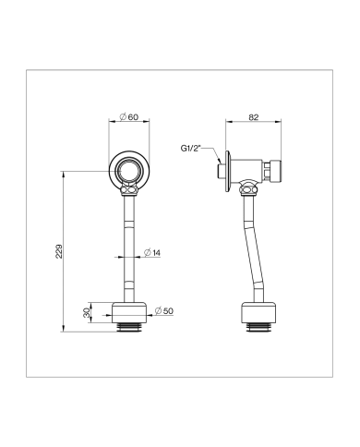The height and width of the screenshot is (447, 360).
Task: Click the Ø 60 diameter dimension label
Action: click(129, 117)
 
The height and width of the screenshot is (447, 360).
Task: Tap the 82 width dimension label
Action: click(254, 117)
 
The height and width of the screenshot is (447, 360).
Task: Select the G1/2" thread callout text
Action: click(190, 149)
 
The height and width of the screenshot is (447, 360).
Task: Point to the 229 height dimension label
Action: click(59, 251)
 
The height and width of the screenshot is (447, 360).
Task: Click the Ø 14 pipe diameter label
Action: click(152, 253)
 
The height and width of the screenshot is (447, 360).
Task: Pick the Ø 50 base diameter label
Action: click(164, 311)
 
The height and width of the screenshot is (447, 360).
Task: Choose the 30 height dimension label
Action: click(87, 313)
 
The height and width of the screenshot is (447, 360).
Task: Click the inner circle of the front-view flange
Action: click(129, 170)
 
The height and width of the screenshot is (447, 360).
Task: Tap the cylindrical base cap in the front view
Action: click(129, 313)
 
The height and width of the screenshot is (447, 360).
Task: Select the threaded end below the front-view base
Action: click(129, 328)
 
